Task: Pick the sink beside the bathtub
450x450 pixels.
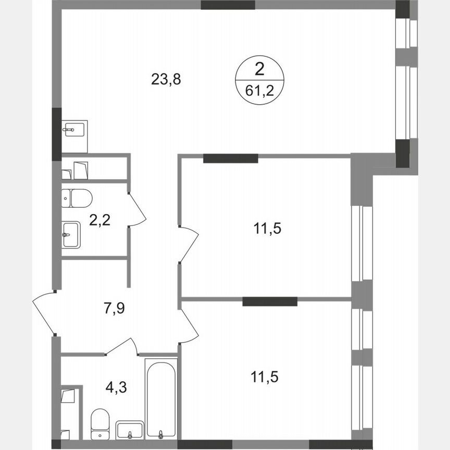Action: pos(129,430)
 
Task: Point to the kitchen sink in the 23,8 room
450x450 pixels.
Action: pos(74,129)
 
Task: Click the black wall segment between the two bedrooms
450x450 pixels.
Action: pos(270,301)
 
